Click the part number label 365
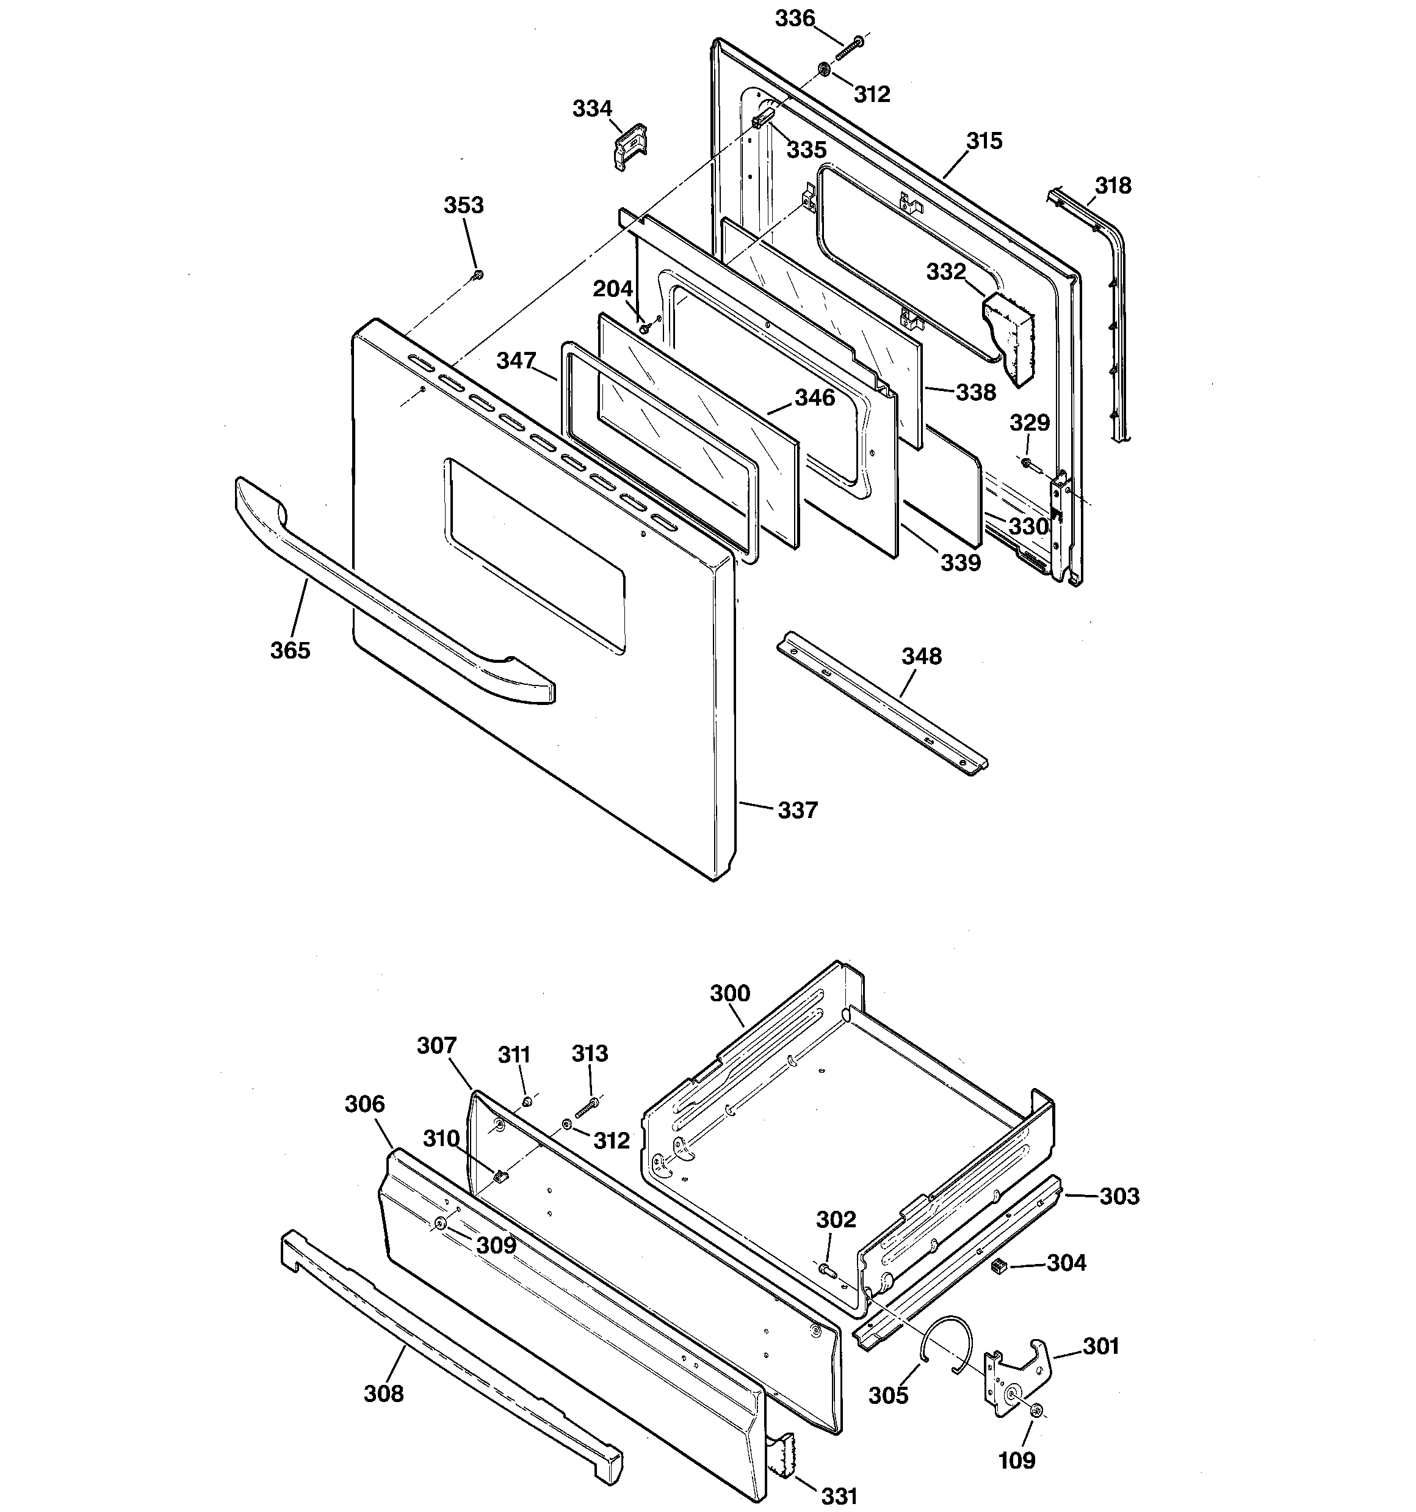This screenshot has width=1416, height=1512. click(x=291, y=650)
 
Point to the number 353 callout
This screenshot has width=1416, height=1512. click(x=464, y=205)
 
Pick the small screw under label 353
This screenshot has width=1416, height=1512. click(x=477, y=274)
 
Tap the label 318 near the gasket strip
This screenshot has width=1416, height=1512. click(x=1113, y=186)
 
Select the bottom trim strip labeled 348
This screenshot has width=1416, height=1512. click(x=882, y=704)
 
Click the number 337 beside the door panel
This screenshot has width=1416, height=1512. click(x=797, y=811)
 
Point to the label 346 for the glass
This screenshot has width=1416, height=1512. click(x=815, y=398)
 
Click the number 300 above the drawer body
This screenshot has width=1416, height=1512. click(x=729, y=993)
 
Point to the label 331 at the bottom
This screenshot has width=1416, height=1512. click(x=839, y=1497)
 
